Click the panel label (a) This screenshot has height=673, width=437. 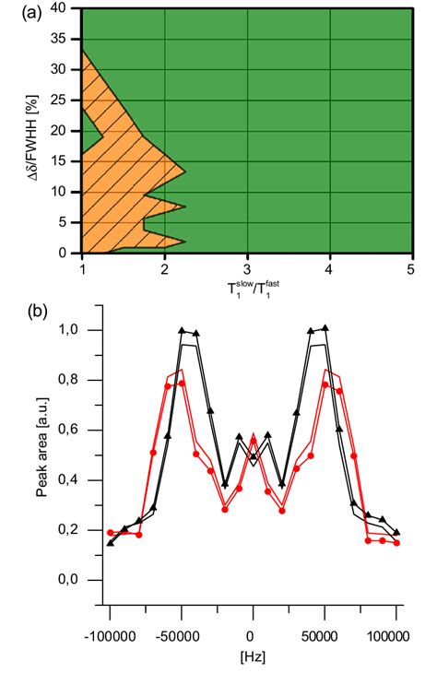[17, 12]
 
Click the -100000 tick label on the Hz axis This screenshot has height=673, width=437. [110, 635]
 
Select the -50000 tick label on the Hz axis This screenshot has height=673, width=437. [181, 635]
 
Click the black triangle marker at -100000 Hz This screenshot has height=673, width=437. [111, 542]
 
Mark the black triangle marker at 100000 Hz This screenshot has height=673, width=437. [396, 532]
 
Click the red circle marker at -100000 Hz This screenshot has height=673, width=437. [111, 532]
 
